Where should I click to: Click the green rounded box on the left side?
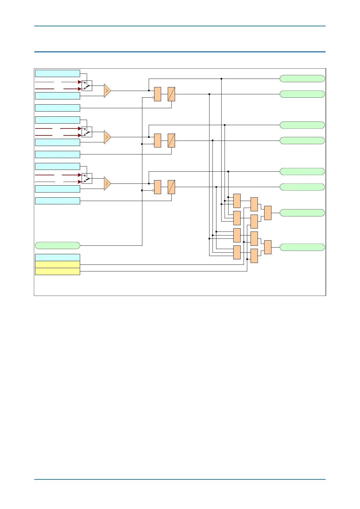click(57, 245)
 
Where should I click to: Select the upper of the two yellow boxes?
click(57, 264)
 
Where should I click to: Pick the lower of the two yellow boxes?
click(57, 271)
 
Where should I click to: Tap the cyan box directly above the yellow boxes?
click(57, 258)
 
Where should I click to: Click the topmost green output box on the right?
click(302, 79)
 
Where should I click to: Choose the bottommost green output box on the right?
click(302, 247)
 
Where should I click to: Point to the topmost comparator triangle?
click(107, 91)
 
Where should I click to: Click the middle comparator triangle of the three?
click(107, 137)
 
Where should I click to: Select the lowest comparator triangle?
click(107, 183)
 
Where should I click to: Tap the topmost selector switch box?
click(87, 86)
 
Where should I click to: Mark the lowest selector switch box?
click(87, 178)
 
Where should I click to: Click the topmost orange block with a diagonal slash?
click(171, 94)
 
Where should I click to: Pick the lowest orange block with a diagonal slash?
click(171, 187)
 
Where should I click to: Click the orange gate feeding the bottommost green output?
click(268, 247)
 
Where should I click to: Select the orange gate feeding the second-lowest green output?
click(268, 213)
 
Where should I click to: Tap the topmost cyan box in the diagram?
click(57, 73)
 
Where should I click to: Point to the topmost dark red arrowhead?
click(80, 82)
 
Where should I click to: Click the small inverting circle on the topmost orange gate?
click(153, 98)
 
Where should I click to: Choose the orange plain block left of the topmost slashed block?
click(157, 94)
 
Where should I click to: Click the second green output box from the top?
click(302, 94)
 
